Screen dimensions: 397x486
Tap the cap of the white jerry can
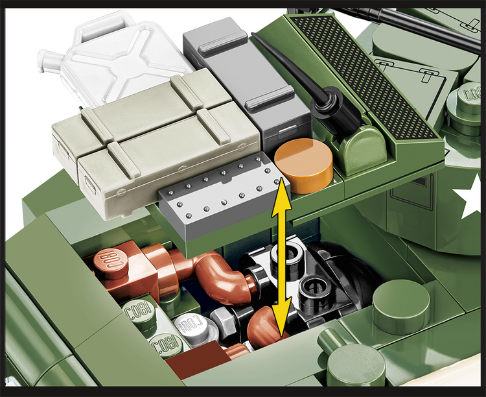point(49,62)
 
